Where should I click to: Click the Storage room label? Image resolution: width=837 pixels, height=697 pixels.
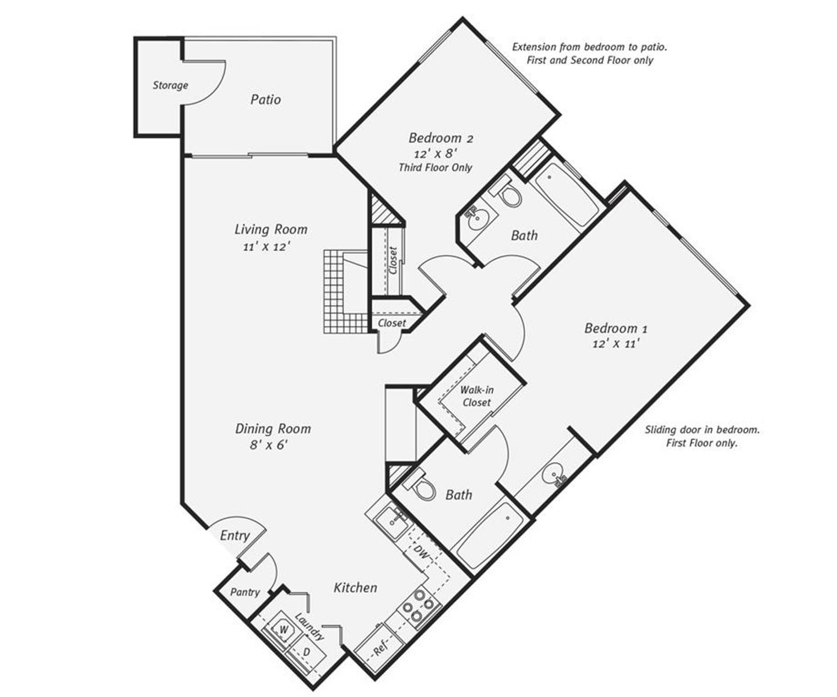[x=170, y=85]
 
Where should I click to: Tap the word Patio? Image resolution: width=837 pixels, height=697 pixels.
[x=265, y=100]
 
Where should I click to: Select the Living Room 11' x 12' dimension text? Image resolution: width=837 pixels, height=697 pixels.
[x=267, y=247]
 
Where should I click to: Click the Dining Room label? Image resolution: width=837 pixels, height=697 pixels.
[x=273, y=429]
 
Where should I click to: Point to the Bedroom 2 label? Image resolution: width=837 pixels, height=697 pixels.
[x=441, y=138]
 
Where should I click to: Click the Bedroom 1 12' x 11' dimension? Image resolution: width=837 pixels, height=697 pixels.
[x=615, y=344]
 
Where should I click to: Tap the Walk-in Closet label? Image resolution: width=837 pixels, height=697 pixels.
[x=476, y=396]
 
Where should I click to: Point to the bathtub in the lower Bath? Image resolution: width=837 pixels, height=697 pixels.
[x=489, y=536]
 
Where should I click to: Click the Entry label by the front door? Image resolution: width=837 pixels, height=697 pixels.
[x=235, y=535]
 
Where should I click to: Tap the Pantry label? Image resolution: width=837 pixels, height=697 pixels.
[x=244, y=592]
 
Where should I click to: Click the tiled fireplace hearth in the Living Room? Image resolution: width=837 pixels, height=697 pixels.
[x=336, y=292]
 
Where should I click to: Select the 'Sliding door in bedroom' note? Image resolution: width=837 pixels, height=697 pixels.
[x=702, y=436]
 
